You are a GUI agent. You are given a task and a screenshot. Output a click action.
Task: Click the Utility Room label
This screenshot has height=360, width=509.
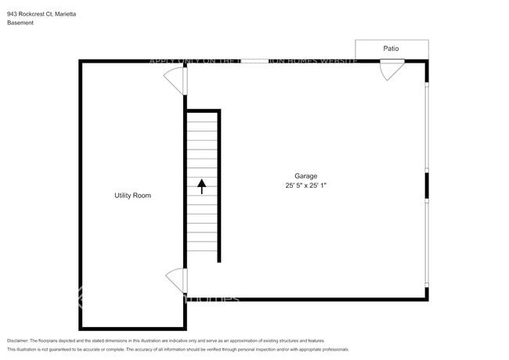[132, 195]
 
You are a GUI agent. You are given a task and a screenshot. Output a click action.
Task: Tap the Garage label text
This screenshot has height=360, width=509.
[305, 176]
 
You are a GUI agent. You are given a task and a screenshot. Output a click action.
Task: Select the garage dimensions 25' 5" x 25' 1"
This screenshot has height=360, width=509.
[305, 186]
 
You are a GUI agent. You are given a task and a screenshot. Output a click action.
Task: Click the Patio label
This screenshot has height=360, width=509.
[391, 49]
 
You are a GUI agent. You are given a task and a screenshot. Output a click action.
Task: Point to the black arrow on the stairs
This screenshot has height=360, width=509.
[201, 186]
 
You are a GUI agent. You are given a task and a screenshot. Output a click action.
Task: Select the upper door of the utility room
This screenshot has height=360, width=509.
[175, 80]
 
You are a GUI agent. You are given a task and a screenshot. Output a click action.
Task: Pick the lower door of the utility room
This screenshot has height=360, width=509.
[175, 279]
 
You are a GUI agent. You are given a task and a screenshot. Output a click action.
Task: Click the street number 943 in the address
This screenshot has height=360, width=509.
[13, 14]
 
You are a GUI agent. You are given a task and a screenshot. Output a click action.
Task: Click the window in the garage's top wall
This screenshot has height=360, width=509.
[255, 61]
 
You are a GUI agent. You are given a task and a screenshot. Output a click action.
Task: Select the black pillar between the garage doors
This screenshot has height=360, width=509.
[427, 185]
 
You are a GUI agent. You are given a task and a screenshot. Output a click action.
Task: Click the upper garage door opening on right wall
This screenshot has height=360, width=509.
[427, 125]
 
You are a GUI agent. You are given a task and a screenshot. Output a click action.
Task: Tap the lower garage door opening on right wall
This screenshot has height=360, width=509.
[427, 243]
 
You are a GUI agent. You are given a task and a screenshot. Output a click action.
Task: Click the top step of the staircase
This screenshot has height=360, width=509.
[201, 115]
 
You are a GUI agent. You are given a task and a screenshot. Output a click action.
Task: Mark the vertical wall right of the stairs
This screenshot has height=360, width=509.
[220, 188]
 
